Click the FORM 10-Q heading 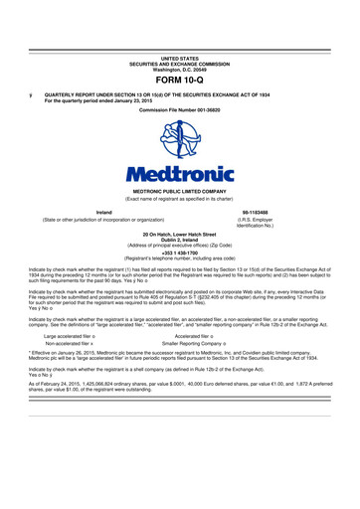pos(179,79)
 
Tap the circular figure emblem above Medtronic pos(180,141)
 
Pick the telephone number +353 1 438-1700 pos(179,251)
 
